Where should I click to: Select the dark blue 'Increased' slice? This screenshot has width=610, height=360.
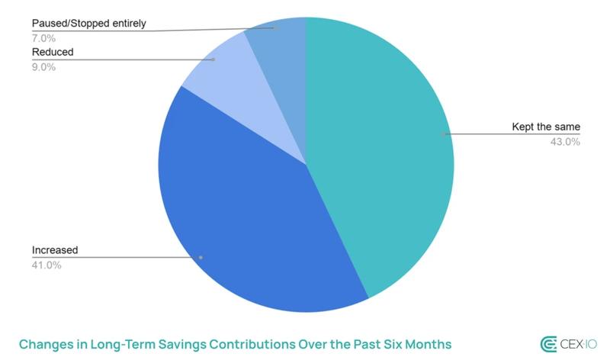click(244, 229)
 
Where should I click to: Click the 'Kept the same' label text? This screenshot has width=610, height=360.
click(546, 127)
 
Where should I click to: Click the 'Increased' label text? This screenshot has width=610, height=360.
click(55, 250)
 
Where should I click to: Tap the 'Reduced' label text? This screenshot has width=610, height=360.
click(53, 52)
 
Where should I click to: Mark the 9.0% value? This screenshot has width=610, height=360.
click(43, 66)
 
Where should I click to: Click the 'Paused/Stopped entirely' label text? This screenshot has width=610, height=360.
click(88, 24)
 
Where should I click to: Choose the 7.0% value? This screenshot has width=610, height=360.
click(43, 38)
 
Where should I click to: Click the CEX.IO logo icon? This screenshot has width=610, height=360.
click(549, 343)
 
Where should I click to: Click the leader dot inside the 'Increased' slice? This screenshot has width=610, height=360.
click(201, 257)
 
